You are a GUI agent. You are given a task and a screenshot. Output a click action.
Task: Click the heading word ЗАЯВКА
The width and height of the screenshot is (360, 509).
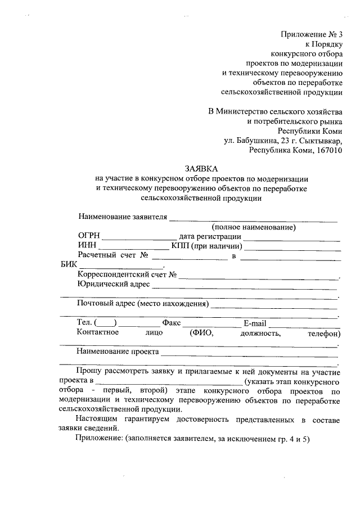click(201, 169)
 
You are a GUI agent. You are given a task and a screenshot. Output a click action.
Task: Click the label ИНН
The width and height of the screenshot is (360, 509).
click(87, 246)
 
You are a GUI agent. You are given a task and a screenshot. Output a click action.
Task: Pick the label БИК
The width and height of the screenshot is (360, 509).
click(68, 265)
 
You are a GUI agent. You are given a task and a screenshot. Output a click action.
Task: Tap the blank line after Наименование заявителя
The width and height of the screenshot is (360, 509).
click(253, 218)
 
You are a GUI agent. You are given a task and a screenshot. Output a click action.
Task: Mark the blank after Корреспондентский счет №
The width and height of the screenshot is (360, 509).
click(259, 277)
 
